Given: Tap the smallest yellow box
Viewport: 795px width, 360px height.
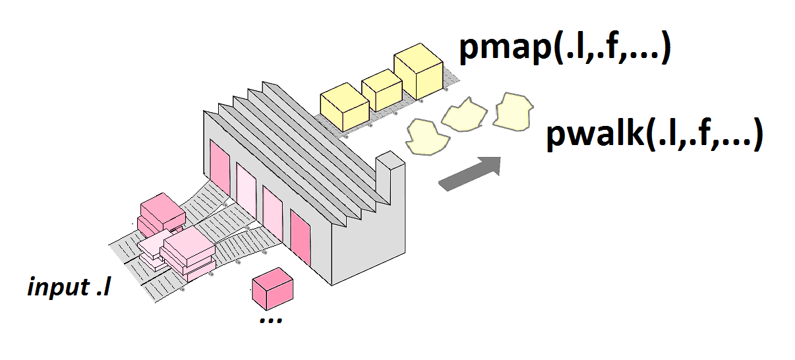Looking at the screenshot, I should (x=382, y=90).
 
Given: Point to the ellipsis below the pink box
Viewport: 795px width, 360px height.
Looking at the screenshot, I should (x=270, y=319).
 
